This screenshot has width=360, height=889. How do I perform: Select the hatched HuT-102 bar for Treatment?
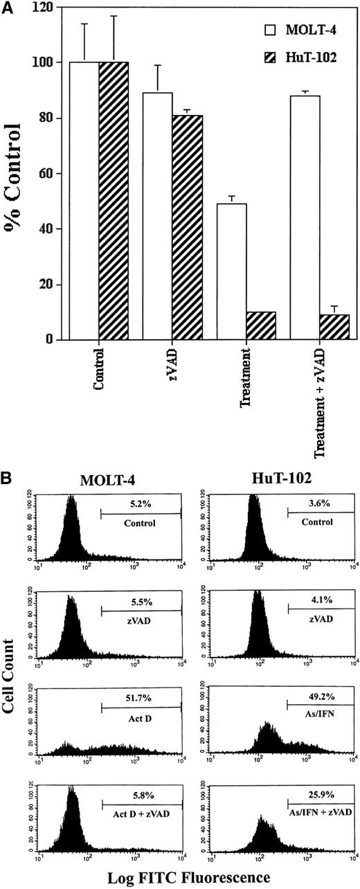tap(261, 326)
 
